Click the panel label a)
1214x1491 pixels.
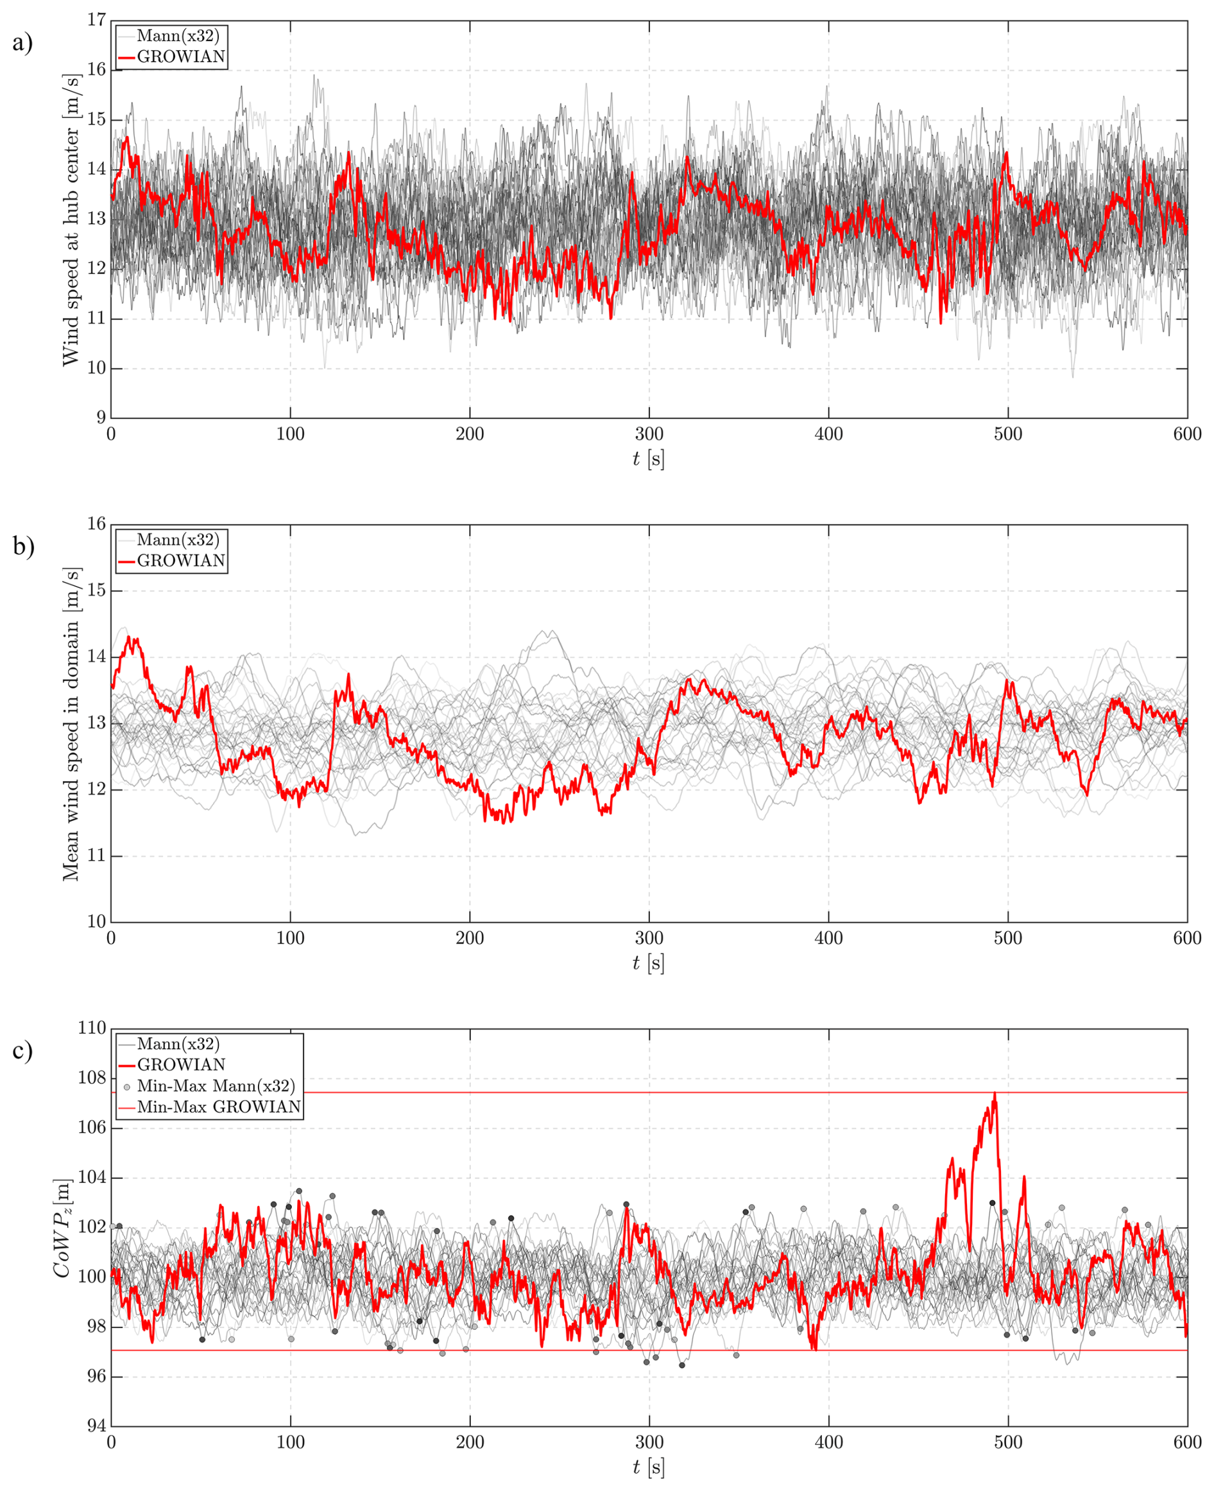coord(22,44)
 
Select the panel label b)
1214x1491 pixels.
coord(23,546)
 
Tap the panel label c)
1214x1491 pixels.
coord(22,1051)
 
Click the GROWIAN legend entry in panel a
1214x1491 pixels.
coord(180,56)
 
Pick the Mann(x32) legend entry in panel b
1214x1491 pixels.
coord(178,539)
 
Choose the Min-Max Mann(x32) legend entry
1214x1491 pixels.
coord(216,1086)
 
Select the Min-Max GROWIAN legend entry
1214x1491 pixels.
coord(218,1107)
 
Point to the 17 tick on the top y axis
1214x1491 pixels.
coord(96,21)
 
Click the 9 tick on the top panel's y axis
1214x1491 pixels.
coord(101,418)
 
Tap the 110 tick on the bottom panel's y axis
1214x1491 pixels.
coord(92,1029)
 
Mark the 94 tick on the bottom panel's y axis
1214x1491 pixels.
coord(96,1427)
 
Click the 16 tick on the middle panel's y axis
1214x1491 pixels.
coord(96,524)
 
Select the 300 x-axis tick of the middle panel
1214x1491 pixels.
coord(649,938)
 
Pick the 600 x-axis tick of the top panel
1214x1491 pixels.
coord(1186,435)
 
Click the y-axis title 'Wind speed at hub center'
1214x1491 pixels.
coord(71,218)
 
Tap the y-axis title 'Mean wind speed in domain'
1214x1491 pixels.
coord(71,723)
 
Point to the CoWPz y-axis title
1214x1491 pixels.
coord(63,1227)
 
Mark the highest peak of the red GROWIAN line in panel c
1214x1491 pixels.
coord(995,1093)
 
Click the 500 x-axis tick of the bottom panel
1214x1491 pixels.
coord(1007,1442)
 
